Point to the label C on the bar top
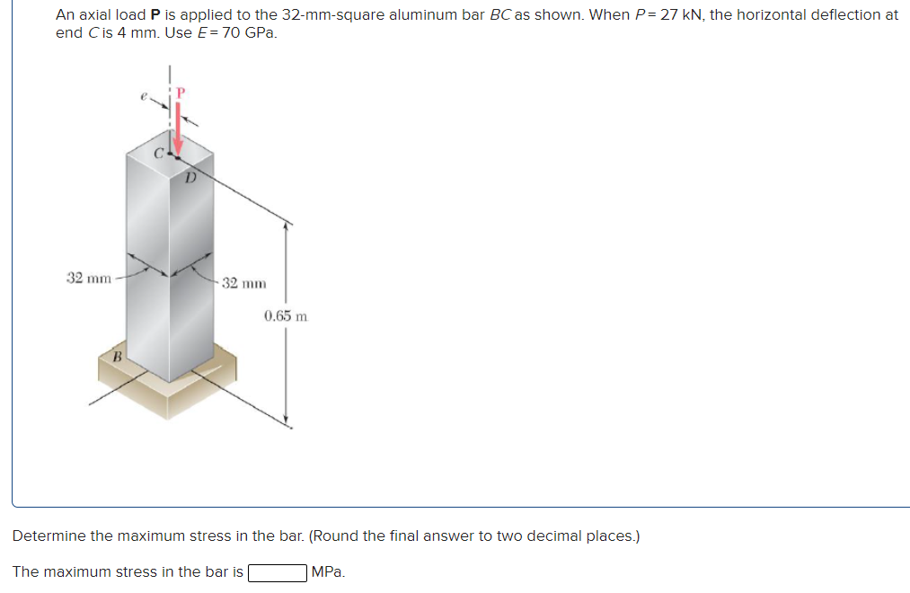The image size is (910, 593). [158, 153]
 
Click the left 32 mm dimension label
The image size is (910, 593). [89, 278]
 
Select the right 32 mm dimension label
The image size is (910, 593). [243, 283]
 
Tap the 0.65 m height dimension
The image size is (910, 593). [287, 316]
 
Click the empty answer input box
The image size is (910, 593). [278, 572]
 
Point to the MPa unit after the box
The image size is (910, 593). [327, 572]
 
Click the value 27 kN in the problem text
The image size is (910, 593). [676, 15]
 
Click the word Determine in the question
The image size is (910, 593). [49, 536]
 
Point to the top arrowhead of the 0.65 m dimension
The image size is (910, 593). [286, 227]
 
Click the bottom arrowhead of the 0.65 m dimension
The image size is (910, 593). [286, 419]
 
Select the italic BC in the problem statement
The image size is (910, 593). [500, 15]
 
